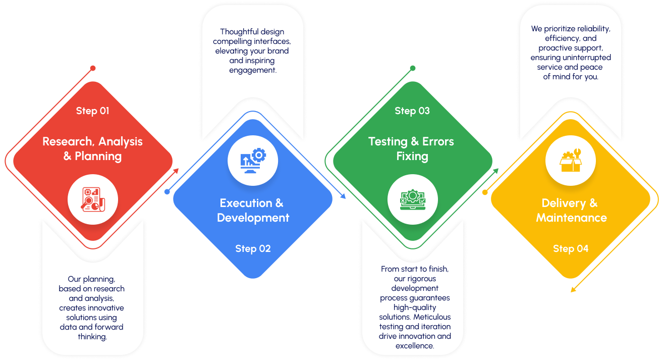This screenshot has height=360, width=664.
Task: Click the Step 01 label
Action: pyautogui.click(x=92, y=111)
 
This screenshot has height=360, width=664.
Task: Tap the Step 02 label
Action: pyautogui.click(x=253, y=248)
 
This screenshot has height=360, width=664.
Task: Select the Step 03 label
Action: pyautogui.click(x=412, y=111)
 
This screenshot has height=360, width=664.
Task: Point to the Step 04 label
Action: pyautogui.click(x=571, y=248)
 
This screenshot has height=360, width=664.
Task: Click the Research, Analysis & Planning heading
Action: pyautogui.click(x=92, y=149)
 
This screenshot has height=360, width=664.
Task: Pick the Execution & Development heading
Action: pyautogui.click(x=253, y=211)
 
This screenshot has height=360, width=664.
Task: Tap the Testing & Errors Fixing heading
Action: pyautogui.click(x=412, y=149)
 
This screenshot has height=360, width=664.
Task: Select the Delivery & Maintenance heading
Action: pyautogui.click(x=571, y=211)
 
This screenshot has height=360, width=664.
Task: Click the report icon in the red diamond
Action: pyautogui.click(x=93, y=199)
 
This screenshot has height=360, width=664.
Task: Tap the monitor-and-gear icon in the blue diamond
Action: pyautogui.click(x=253, y=160)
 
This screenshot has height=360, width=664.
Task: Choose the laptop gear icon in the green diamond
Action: pyautogui.click(x=412, y=199)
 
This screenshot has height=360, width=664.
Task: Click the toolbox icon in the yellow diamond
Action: pyautogui.click(x=571, y=160)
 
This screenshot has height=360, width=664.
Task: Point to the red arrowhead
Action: pyautogui.click(x=176, y=171)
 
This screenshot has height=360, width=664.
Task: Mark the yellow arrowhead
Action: pyautogui.click(x=573, y=289)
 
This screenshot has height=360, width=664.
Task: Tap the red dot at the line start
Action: pyautogui.click(x=93, y=68)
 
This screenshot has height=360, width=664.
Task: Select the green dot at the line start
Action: pyautogui.click(x=412, y=68)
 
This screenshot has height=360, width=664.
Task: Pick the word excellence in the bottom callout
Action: pyautogui.click(x=415, y=346)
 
